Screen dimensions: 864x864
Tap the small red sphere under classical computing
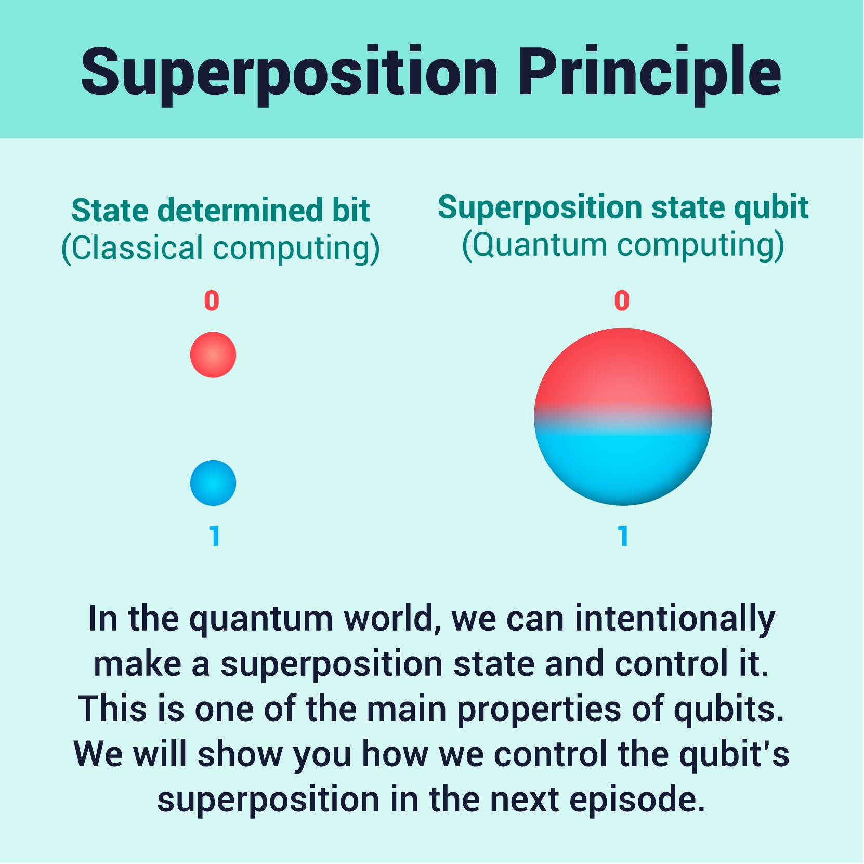point(213,355)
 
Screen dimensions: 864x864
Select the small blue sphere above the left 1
point(213,483)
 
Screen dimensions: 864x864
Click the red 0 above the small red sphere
point(212,300)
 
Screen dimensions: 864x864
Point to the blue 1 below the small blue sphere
point(214,535)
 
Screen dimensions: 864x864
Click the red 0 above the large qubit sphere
point(622,300)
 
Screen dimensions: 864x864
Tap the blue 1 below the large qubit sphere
point(623,535)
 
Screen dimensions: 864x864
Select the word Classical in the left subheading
point(137,247)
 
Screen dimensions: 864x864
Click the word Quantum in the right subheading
point(540,245)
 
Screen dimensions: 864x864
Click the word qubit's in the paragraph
point(734,755)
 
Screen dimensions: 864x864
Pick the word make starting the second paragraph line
point(137,664)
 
